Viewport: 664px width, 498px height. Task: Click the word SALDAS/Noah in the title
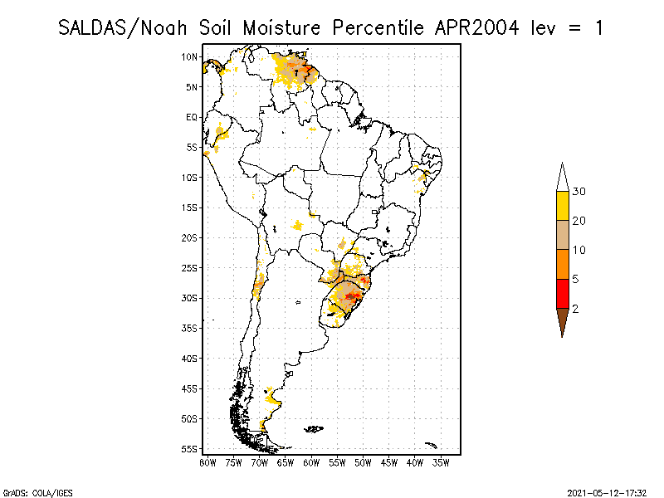(124, 27)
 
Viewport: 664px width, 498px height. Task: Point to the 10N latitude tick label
(190, 57)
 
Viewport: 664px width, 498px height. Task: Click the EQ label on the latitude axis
(192, 118)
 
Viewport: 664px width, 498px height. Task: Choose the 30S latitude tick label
(190, 298)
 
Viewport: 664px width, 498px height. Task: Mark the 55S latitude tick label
(190, 449)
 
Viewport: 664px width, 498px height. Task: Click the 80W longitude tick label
(207, 462)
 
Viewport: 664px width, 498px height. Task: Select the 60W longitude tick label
(311, 462)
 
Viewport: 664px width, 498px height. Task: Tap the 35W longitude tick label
(441, 462)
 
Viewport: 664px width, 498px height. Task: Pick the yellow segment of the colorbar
(562, 206)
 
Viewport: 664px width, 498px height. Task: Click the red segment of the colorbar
(562, 294)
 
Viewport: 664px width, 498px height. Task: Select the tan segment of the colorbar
(562, 235)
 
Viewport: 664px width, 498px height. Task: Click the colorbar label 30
(579, 192)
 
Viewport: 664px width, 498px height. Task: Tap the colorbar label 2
(575, 309)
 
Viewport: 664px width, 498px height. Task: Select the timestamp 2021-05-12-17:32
(608, 491)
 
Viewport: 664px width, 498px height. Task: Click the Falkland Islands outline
(313, 429)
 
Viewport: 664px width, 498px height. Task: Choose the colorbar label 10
(579, 250)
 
